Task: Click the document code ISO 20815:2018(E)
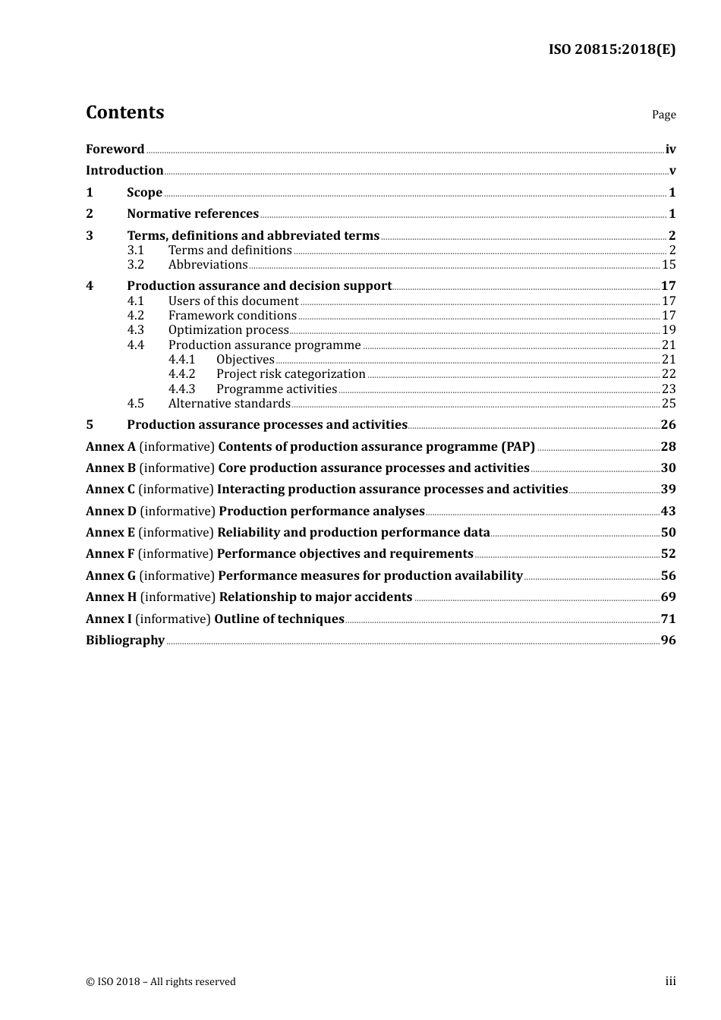(x=612, y=49)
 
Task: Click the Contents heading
(x=124, y=112)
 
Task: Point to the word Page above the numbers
(x=663, y=115)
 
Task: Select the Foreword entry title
(x=115, y=150)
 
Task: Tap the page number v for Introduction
(x=672, y=171)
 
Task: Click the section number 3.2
(x=135, y=265)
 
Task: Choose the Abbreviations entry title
(x=208, y=265)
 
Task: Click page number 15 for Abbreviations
(x=668, y=265)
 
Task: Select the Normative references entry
(x=193, y=214)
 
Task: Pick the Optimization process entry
(x=228, y=330)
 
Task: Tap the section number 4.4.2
(x=181, y=374)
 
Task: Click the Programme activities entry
(x=276, y=389)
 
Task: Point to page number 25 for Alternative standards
(x=668, y=404)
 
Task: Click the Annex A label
(x=111, y=447)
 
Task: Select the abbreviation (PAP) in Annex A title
(x=518, y=447)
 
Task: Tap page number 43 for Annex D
(x=668, y=512)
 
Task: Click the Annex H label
(x=112, y=597)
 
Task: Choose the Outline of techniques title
(x=279, y=619)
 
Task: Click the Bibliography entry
(x=125, y=641)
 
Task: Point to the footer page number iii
(x=670, y=981)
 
